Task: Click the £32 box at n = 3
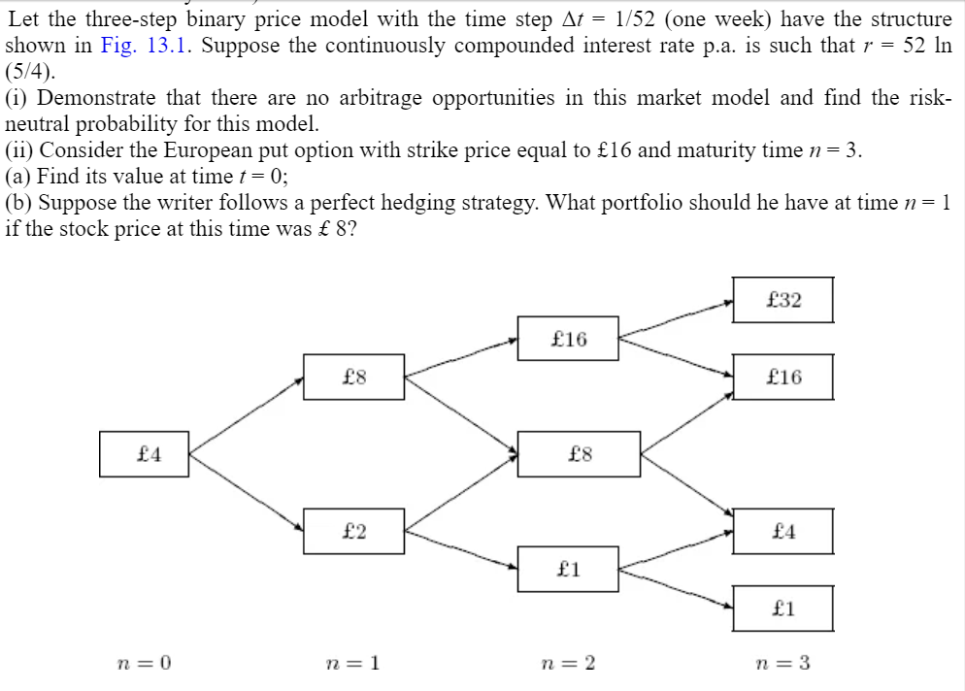(782, 300)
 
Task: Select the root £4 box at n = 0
(149, 453)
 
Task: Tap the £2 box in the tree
(354, 531)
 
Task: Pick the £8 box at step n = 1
(354, 377)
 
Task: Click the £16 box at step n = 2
(568, 338)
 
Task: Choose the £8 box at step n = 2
(579, 453)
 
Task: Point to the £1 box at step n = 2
(569, 569)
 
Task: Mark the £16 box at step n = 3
(782, 377)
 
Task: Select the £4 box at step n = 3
(782, 531)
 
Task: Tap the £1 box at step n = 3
(782, 609)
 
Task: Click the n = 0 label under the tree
(144, 664)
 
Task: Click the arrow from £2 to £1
(461, 549)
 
